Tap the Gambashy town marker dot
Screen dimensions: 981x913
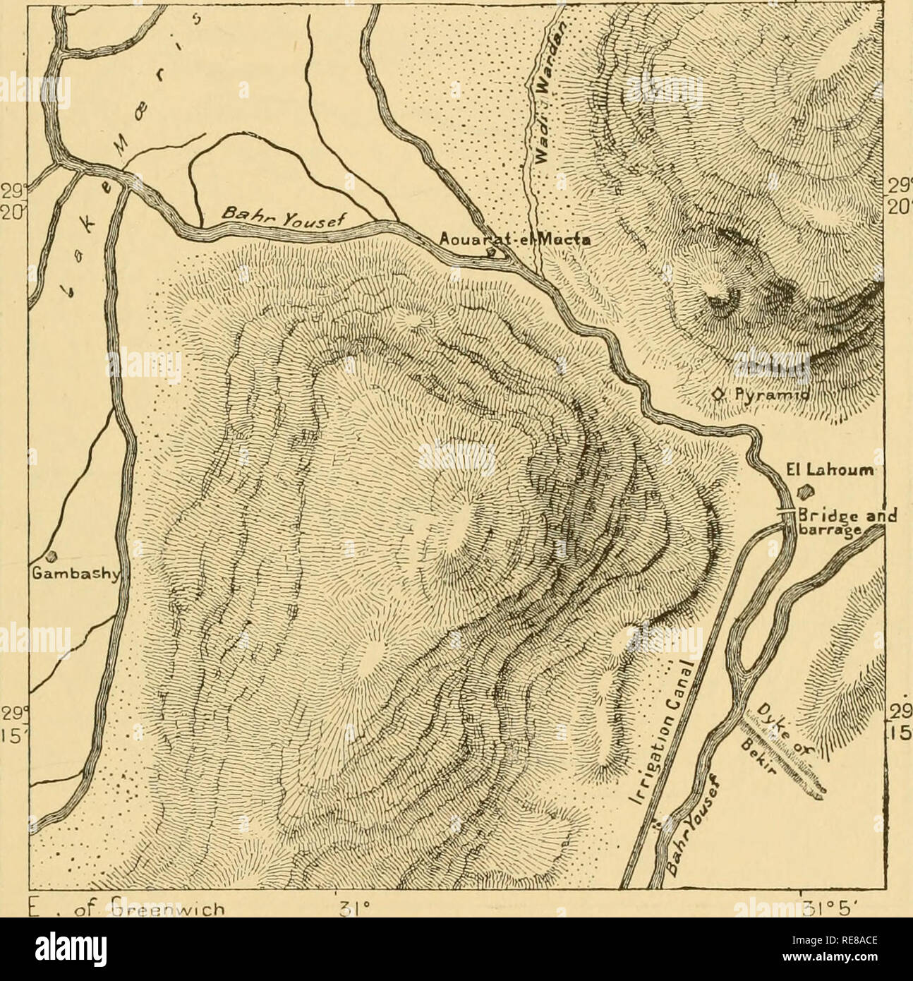51,555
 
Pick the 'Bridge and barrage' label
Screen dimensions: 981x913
836,522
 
